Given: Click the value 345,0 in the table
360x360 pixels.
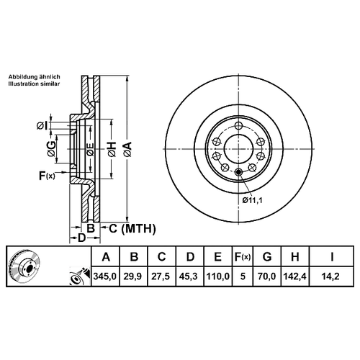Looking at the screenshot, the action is [x=105, y=276].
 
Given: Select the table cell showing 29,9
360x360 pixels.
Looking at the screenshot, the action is [x=134, y=276].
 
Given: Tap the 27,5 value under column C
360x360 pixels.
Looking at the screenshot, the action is [x=162, y=276].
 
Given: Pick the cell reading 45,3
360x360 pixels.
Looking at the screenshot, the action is [x=190, y=276].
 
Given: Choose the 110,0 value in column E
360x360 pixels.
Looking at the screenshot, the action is [x=218, y=276].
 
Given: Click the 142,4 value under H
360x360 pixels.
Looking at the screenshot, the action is [x=295, y=276].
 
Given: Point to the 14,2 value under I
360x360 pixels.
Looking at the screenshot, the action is [x=331, y=276].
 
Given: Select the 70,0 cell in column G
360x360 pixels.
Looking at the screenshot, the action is [x=267, y=276].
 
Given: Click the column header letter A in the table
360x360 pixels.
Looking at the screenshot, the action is [x=106, y=257].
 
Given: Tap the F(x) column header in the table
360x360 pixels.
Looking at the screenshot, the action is [x=243, y=257].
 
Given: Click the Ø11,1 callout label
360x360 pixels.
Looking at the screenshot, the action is [x=253, y=200].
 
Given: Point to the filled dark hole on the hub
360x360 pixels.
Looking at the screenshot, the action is [x=238, y=172].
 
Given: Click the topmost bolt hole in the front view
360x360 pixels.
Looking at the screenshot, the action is [x=238, y=125].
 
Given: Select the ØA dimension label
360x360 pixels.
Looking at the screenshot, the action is [x=128, y=150].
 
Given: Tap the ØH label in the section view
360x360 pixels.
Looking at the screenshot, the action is [x=112, y=150].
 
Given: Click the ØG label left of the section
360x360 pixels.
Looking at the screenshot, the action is [x=52, y=149].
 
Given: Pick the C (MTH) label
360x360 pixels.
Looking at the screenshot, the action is [x=132, y=228].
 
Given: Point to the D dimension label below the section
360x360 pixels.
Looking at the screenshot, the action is [x=82, y=238].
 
